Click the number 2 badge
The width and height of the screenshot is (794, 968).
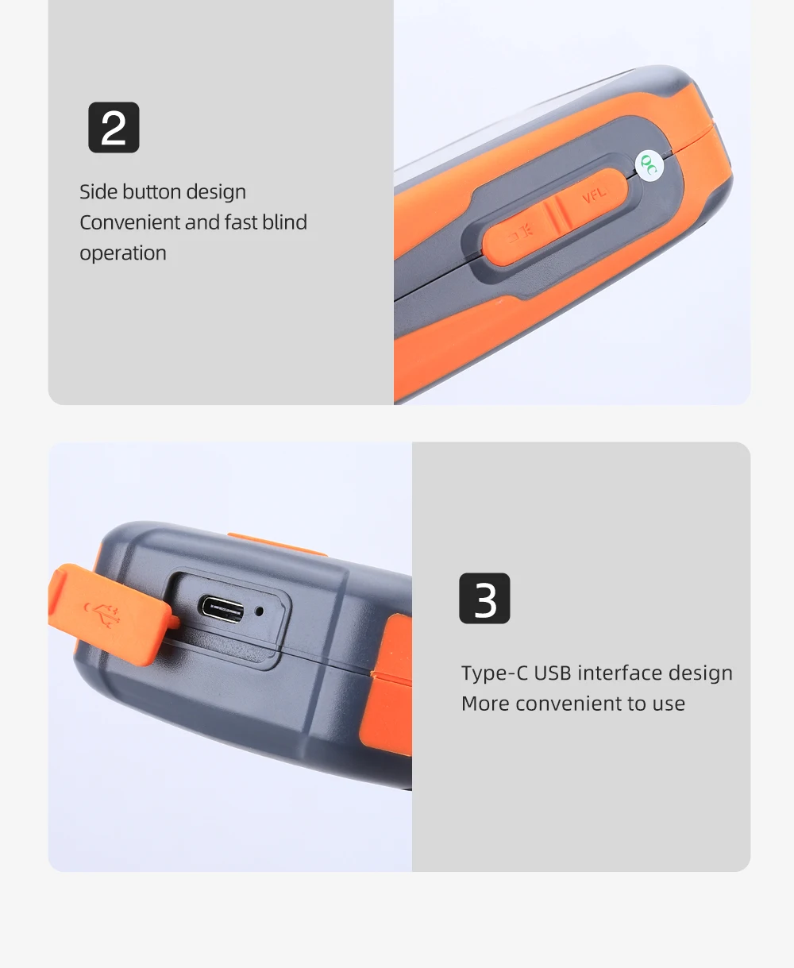[114, 127]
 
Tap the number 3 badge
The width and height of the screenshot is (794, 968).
[484, 598]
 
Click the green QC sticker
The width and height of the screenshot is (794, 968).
[649, 165]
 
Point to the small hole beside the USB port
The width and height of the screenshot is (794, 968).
[260, 611]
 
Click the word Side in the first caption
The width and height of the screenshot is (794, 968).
[98, 192]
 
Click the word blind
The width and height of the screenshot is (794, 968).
[284, 222]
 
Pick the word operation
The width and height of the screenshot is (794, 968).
[123, 254]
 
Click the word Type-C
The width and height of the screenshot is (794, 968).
[495, 673]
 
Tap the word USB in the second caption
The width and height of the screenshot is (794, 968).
[553, 673]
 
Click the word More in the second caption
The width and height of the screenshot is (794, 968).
[485, 704]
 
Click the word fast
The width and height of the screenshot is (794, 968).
[241, 222]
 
